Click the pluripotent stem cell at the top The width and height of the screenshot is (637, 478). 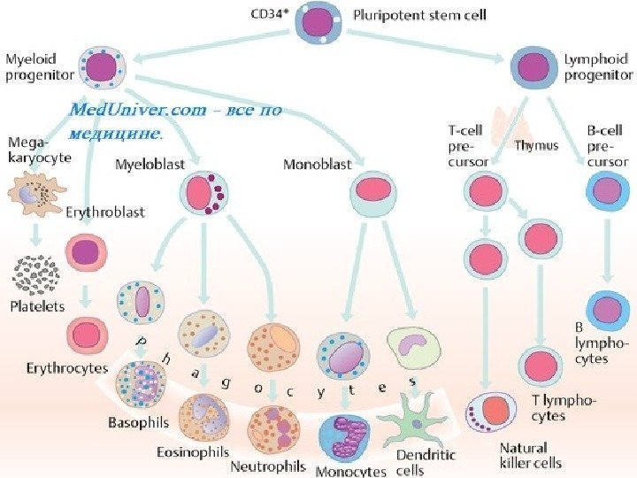[319, 23]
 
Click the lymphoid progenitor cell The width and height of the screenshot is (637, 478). [533, 66]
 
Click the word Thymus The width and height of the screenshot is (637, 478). [537, 144]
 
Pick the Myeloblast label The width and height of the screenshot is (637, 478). [150, 164]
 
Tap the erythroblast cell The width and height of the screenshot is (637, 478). [88, 251]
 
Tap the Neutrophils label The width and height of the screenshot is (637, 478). [268, 465]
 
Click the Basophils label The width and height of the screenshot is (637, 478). [138, 423]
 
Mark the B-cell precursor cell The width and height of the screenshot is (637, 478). [607, 191]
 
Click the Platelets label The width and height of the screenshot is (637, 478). [36, 306]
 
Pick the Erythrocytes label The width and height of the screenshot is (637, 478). [67, 367]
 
